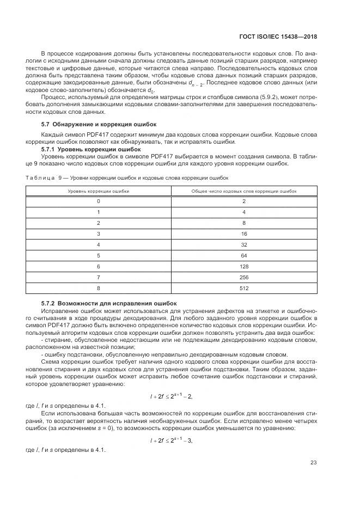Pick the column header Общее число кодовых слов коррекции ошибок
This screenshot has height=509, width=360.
tap(244, 191)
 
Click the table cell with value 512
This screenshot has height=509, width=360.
tap(244, 288)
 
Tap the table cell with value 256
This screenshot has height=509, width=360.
tap(244, 277)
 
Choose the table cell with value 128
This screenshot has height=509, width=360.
tap(244, 266)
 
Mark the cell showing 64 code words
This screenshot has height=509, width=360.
tap(244, 255)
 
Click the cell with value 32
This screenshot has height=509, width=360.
tap(244, 244)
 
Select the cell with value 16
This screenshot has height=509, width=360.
tap(244, 234)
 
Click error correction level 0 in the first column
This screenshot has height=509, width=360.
tap(99, 201)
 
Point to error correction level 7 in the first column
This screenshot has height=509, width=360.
tap(99, 277)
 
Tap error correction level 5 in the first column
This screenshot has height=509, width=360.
tap(99, 255)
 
